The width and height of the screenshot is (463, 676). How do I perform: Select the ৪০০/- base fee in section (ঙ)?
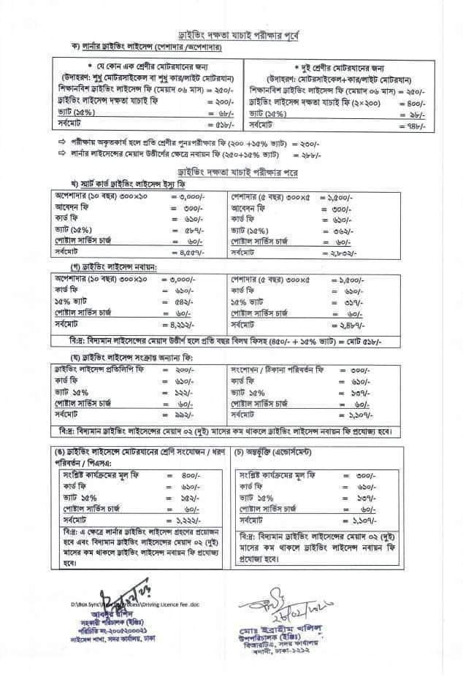click(x=185, y=474)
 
